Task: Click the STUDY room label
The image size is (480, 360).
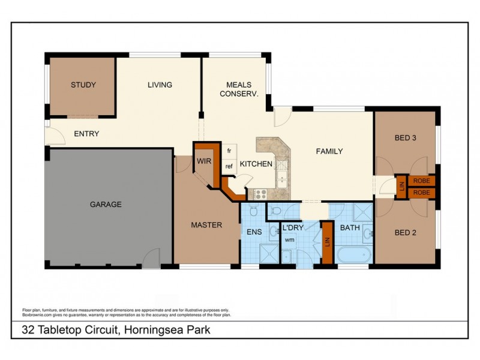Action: click(83, 85)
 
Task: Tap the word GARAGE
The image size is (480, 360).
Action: click(106, 204)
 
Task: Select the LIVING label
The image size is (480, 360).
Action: click(160, 85)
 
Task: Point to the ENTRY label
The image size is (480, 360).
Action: click(86, 134)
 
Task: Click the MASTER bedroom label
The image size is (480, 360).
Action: click(206, 225)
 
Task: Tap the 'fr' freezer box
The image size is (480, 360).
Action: click(229, 151)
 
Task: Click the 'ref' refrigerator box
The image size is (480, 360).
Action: click(229, 166)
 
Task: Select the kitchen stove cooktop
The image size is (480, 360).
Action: click(260, 194)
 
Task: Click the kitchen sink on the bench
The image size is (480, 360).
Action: click(281, 170)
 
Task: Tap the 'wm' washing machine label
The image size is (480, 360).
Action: click(289, 239)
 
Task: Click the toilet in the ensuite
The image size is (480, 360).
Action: click(253, 211)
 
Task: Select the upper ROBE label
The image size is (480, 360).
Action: click(421, 181)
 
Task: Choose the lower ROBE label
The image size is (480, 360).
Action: click(421, 193)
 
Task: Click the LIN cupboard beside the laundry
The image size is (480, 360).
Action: click(327, 242)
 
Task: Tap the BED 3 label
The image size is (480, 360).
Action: click(406, 137)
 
